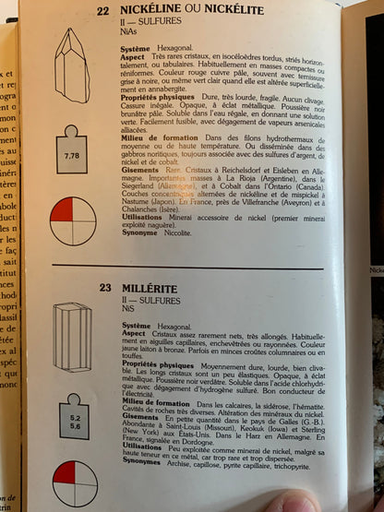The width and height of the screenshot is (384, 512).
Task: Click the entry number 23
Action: click(x=104, y=287)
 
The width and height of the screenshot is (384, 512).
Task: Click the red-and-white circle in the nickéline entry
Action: click(x=73, y=221)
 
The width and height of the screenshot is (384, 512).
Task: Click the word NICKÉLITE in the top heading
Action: click(x=230, y=9)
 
